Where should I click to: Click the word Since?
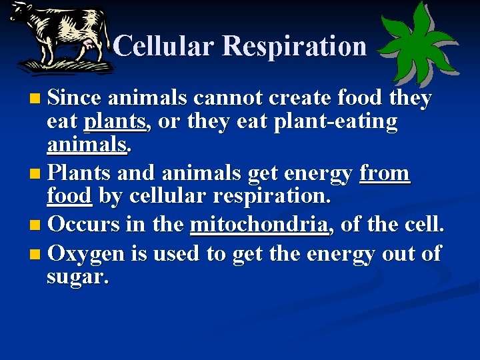pyautogui.click(x=75, y=98)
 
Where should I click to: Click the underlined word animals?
pyautogui.click(x=86, y=145)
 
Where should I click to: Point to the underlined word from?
pyautogui.click(x=385, y=173)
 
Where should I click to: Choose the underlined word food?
pyautogui.click(x=69, y=197)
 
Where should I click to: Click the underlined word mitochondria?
pyautogui.click(x=260, y=225)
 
